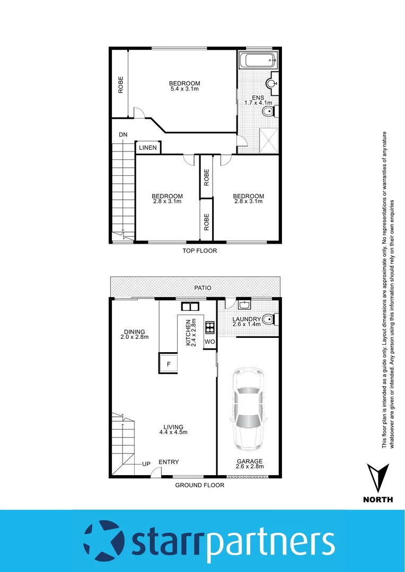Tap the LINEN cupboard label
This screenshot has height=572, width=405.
click(x=148, y=148)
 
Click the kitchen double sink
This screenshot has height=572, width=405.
click(x=189, y=306)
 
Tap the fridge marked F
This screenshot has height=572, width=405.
click(x=169, y=364)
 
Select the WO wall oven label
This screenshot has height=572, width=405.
click(x=209, y=342)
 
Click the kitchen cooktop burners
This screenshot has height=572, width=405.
click(x=209, y=326)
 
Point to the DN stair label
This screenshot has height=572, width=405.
click(x=123, y=135)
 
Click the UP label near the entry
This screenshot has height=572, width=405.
click(x=146, y=464)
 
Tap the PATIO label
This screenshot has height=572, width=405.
click(x=202, y=288)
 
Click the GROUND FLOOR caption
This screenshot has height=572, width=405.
click(x=200, y=485)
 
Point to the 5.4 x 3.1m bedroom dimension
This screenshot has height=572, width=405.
click(x=184, y=89)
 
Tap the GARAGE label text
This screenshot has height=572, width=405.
click(x=249, y=461)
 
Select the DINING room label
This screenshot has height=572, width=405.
click(x=134, y=332)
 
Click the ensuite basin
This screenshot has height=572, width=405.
click(x=272, y=83)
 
